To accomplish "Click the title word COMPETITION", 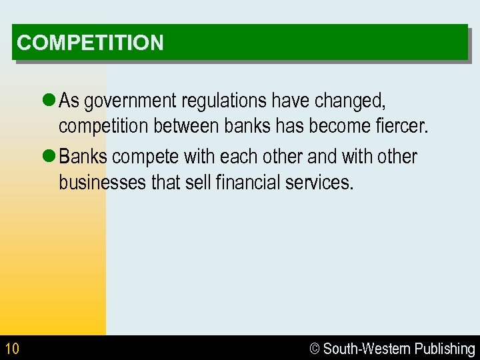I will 90,43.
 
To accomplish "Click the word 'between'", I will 181,125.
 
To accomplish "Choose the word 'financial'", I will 243,181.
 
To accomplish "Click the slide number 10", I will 12,349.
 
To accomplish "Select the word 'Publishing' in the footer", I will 445,349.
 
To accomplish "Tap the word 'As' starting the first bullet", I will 69,101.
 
